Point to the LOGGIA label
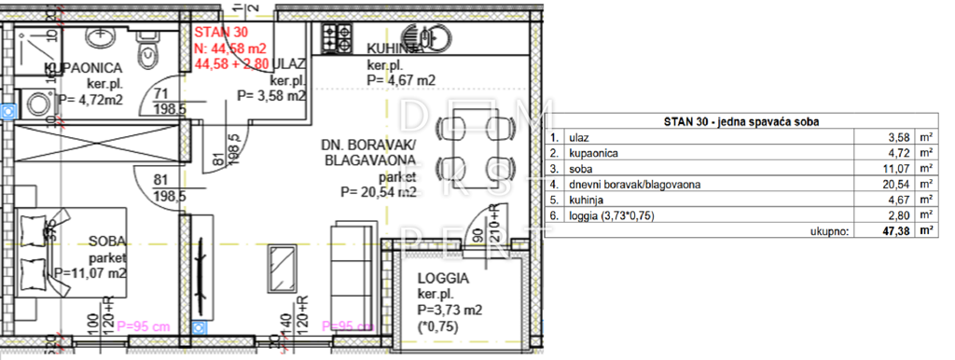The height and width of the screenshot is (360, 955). (443, 279)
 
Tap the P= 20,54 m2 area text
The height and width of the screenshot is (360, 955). (379, 193)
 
